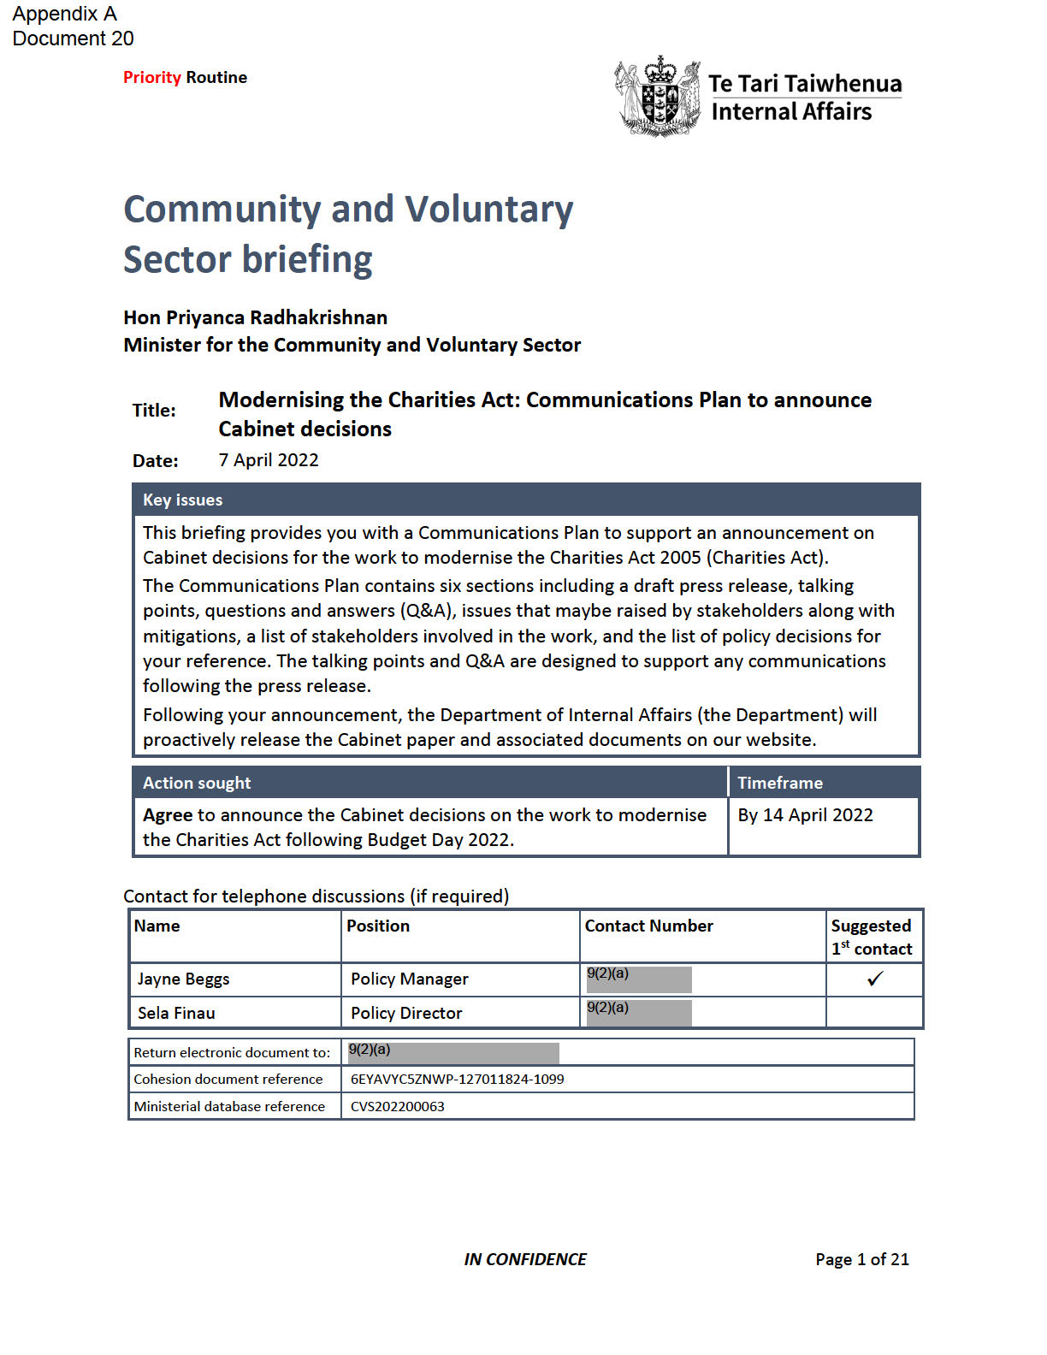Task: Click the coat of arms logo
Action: point(657,97)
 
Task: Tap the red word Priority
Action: point(151,78)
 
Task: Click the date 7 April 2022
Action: point(269,460)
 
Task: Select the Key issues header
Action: point(183,500)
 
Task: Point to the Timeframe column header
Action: point(780,783)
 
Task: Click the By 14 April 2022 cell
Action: point(806,815)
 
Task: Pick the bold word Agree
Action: point(168,815)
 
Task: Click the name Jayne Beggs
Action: point(184,979)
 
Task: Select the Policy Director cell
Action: point(406,1014)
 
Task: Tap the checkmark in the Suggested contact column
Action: point(874,979)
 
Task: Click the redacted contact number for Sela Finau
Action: point(639,1013)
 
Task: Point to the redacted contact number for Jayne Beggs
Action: point(639,979)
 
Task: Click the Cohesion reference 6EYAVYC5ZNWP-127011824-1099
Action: point(458,1080)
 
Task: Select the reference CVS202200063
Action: point(398,1107)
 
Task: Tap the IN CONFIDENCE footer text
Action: point(525,1259)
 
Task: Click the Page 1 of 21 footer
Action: point(862,1259)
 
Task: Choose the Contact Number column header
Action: point(648,926)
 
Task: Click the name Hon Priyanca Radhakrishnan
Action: point(255,318)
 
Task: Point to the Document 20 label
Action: point(74,39)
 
